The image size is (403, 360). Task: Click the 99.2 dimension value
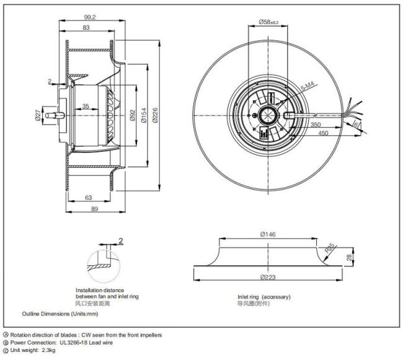90,17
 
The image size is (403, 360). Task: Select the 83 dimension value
86,27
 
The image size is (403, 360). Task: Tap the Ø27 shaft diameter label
38,115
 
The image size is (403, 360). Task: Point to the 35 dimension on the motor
86,106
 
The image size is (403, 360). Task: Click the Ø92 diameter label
132,115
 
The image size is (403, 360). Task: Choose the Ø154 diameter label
144,115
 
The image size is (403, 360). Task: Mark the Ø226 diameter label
156,115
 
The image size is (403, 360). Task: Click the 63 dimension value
89,198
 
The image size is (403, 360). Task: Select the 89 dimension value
95,209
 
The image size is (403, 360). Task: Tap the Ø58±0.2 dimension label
268,22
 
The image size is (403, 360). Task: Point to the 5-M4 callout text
309,86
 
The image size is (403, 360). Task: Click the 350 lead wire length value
316,125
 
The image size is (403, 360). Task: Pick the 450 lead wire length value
323,133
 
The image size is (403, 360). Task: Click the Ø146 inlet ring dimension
268,234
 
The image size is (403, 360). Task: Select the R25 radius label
330,248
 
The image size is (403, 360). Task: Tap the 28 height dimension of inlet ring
349,257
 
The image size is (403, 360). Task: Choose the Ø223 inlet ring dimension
268,277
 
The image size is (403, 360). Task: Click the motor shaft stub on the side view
55,115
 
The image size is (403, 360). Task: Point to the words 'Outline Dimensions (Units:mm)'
60,314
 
